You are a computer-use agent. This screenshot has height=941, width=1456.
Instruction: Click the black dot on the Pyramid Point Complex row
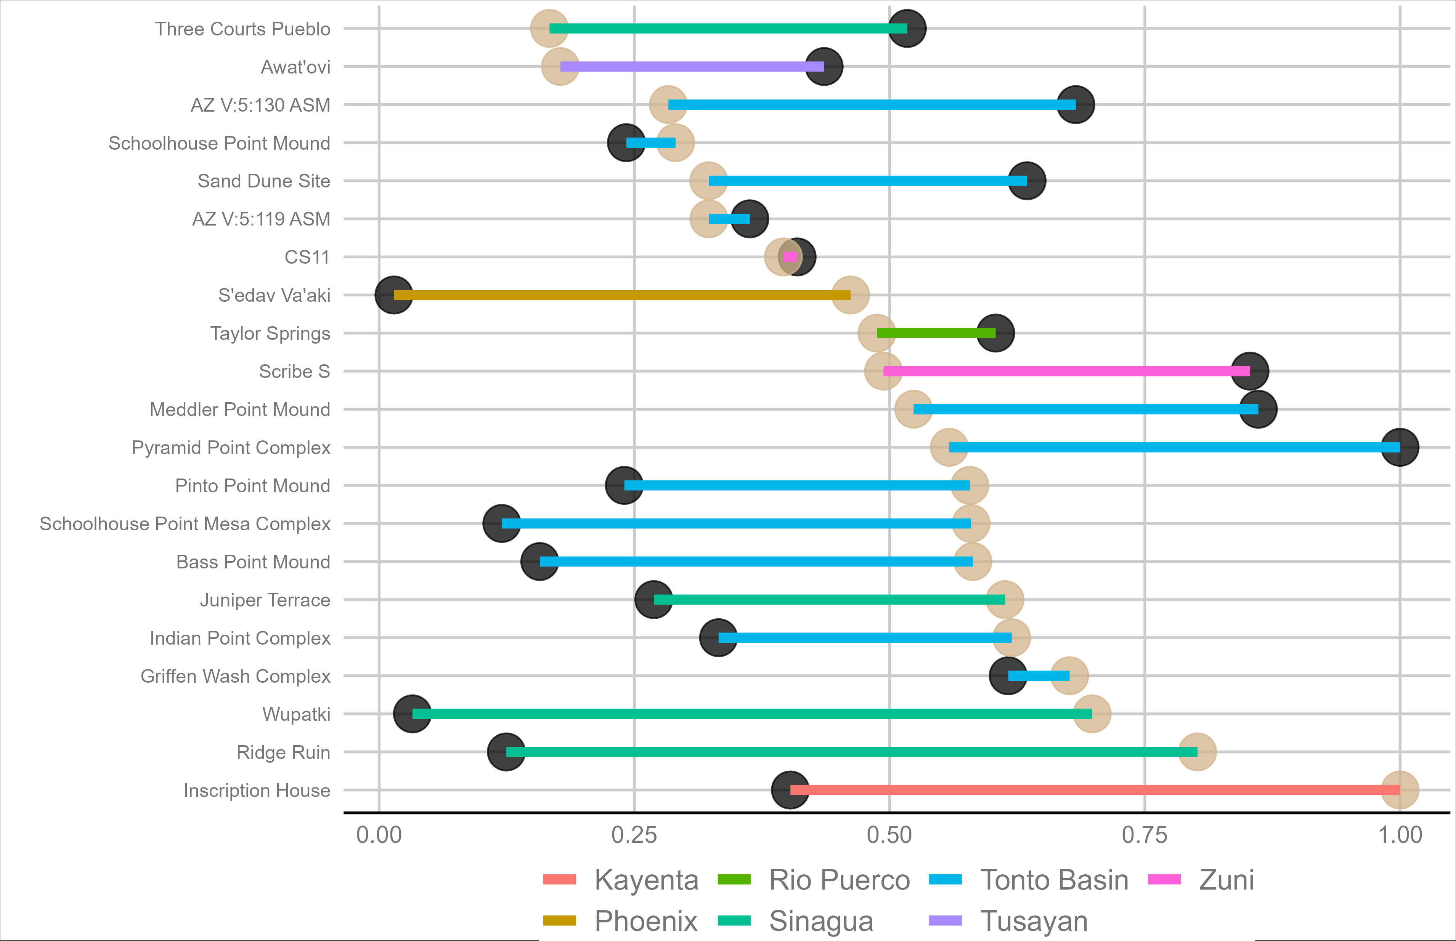[1400, 447]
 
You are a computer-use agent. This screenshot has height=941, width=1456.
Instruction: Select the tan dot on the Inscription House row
[1400, 790]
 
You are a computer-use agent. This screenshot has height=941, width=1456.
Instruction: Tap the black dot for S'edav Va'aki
[393, 295]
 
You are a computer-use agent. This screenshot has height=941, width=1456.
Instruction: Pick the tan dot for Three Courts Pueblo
[549, 29]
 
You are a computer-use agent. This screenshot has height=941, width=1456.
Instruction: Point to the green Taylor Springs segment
[936, 333]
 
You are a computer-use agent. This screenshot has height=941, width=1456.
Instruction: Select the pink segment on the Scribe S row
[1066, 371]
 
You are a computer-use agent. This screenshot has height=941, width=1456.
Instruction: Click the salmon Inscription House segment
[1095, 790]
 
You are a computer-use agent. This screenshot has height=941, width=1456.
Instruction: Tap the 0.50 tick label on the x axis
[889, 835]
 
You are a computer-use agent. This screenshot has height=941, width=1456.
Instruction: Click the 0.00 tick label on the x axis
[379, 835]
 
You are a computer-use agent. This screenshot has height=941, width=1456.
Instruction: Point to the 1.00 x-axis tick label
[1400, 835]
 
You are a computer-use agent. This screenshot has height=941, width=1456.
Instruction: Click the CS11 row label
[307, 257]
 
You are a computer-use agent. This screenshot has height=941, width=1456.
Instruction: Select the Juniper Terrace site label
[265, 600]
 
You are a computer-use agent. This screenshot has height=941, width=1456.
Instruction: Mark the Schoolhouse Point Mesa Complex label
[185, 524]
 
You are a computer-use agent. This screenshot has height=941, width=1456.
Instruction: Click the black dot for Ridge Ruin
[506, 752]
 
